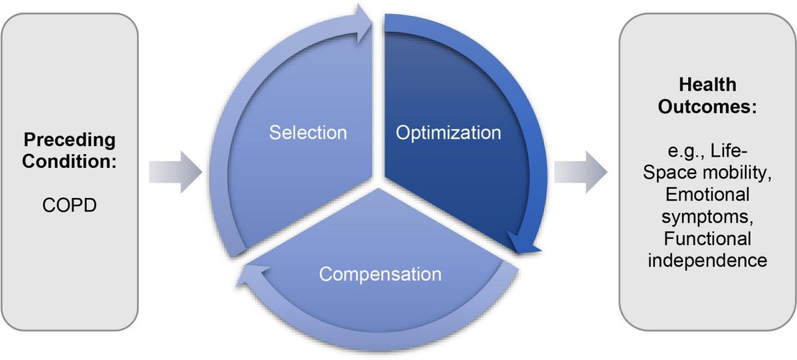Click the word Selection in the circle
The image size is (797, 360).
[308, 133]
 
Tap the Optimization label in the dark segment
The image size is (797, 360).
[448, 133]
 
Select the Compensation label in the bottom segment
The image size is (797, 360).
[379, 274]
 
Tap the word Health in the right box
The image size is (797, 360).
[707, 85]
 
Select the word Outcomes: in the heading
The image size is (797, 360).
[707, 107]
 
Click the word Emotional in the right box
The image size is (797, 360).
[707, 195]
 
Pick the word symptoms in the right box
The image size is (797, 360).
[707, 217]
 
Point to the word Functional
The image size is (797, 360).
[707, 238]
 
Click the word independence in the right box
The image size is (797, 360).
[707, 260]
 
